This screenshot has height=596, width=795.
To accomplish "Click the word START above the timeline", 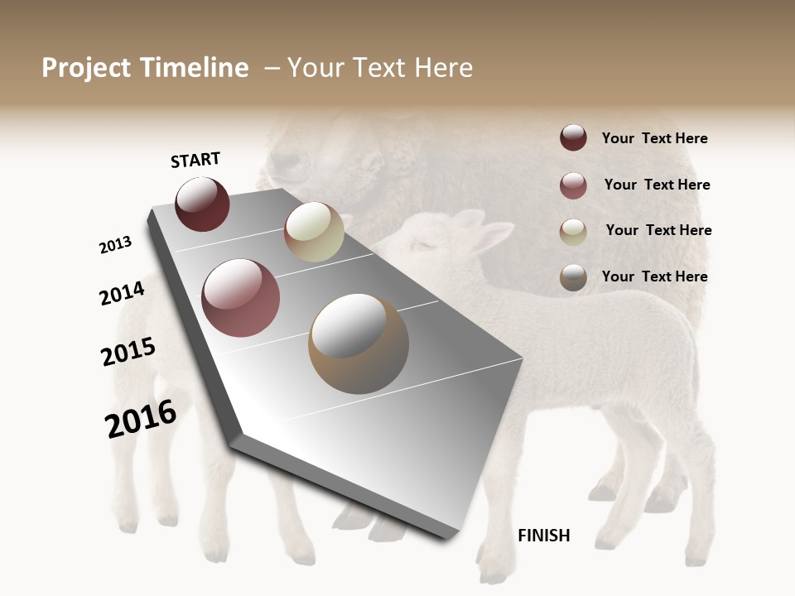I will [x=195, y=160].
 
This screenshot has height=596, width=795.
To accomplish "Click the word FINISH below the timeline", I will [x=543, y=536].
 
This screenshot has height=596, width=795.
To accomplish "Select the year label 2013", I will [x=115, y=244].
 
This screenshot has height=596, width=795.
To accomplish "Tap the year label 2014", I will [x=122, y=293].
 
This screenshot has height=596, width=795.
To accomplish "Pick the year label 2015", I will [x=128, y=352].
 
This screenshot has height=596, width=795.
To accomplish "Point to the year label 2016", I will [x=141, y=418].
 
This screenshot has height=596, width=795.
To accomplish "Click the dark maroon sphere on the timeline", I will [x=202, y=204].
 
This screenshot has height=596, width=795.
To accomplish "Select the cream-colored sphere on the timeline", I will [x=314, y=232].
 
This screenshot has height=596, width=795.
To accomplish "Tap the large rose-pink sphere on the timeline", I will [x=241, y=298].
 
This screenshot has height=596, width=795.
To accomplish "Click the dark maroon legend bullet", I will [x=573, y=138].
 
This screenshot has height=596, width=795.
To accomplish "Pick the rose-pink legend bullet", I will [x=573, y=185].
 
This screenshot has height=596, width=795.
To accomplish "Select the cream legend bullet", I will [x=573, y=232].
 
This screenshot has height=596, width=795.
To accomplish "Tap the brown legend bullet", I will [x=573, y=277].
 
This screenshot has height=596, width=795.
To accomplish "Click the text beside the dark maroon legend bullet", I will [x=654, y=138].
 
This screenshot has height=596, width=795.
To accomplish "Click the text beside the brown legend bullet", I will [x=654, y=276].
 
